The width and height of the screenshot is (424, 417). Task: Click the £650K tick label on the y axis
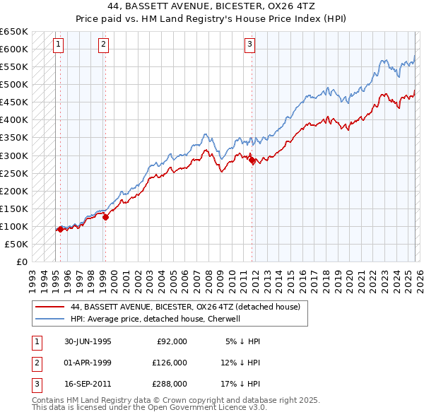14,32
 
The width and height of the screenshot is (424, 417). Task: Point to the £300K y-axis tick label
14,155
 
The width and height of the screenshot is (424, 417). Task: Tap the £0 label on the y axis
21,262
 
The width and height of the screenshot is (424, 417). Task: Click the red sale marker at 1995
61,229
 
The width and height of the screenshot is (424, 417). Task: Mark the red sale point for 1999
105,217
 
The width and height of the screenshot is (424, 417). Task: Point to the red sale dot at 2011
252,160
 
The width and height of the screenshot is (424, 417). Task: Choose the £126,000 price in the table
170,363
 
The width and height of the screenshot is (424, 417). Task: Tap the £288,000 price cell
170,384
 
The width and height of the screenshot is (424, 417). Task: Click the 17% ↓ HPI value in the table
240,384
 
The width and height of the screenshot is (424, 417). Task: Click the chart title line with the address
212,6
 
